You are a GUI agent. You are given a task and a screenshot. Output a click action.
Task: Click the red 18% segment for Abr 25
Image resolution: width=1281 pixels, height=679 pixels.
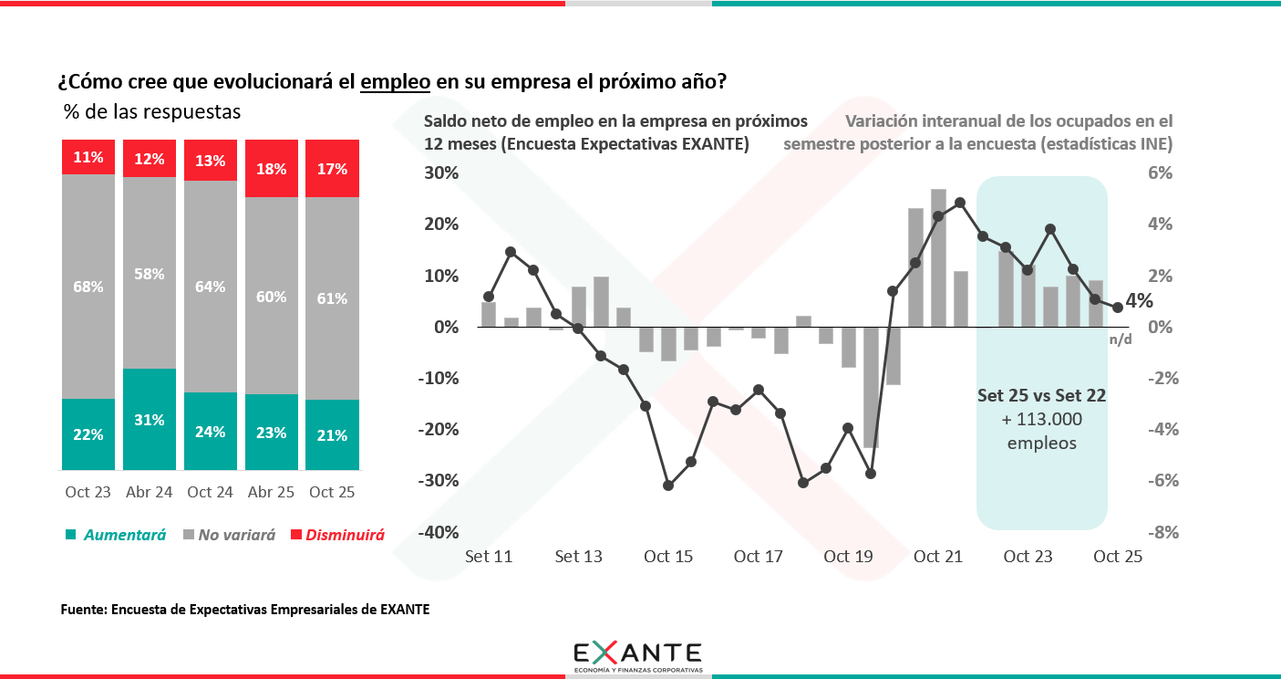pos(272,169)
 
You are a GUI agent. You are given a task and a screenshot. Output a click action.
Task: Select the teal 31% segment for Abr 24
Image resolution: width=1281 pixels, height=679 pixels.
pos(150,420)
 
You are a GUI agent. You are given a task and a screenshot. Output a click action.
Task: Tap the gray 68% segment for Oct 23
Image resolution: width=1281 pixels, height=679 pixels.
pos(88,287)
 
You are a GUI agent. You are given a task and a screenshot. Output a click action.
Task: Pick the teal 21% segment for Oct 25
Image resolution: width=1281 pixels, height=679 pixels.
pos(332,435)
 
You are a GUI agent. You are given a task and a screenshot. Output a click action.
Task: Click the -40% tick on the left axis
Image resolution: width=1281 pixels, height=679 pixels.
pos(439,532)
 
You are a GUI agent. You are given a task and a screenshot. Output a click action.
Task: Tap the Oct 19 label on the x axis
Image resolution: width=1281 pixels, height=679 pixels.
pos(849,557)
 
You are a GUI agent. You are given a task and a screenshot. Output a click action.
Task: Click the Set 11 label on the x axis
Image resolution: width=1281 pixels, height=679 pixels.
pos(489,557)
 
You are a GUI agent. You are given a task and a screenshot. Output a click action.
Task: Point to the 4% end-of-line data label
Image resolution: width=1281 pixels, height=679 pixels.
pos(1139,301)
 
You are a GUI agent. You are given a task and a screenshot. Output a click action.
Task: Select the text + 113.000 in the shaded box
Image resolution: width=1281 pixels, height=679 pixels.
pos(1041,420)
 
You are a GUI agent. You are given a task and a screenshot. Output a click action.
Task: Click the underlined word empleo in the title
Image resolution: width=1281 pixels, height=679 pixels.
pos(396,82)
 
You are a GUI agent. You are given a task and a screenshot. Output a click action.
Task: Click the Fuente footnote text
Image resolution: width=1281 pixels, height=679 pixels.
pos(244,610)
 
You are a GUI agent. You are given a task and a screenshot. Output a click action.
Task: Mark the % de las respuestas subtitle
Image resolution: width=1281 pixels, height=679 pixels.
pos(152,112)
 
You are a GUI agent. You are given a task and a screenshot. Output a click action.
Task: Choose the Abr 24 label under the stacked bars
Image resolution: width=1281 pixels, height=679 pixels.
pos(150,492)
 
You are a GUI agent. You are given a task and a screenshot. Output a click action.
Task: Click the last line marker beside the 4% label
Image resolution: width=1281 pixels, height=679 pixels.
pos(1117,308)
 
